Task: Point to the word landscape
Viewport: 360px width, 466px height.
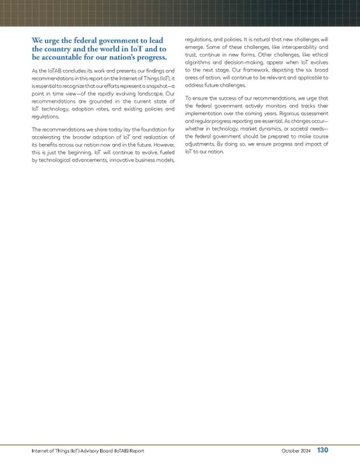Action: click(x=137, y=93)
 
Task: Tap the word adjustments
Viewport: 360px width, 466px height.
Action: click(x=204, y=144)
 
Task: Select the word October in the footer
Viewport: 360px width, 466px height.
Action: click(x=291, y=450)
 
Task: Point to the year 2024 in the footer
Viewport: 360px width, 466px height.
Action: click(x=306, y=450)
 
